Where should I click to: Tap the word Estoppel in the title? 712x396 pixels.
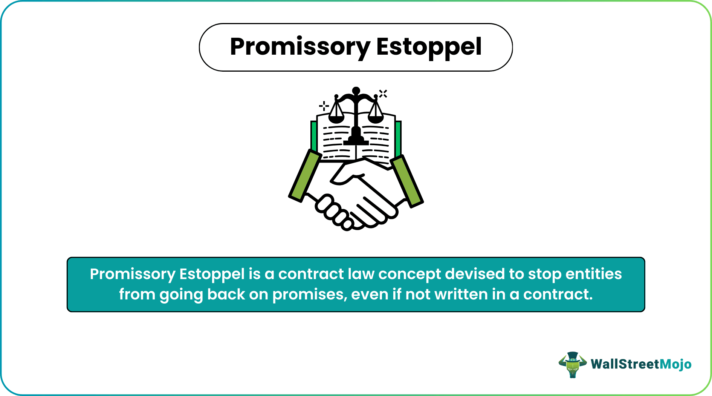point(429,47)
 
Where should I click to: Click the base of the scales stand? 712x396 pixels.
point(356,141)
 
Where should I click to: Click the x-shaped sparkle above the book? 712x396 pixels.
point(383,94)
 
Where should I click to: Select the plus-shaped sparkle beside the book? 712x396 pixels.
point(324,106)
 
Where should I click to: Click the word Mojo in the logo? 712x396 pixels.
point(676,364)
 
